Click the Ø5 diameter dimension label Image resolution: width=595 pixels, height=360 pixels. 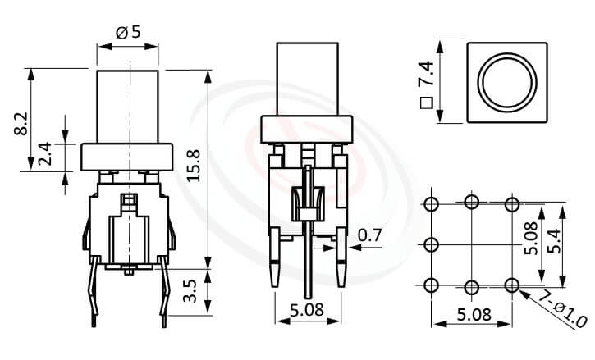click(x=130, y=33)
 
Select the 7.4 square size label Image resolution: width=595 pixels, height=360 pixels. click(x=425, y=81)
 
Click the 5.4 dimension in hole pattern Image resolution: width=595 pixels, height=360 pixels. click(x=559, y=243)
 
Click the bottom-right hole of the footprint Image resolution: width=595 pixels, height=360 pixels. click(x=512, y=285)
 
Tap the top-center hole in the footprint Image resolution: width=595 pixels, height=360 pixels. click(x=472, y=203)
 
